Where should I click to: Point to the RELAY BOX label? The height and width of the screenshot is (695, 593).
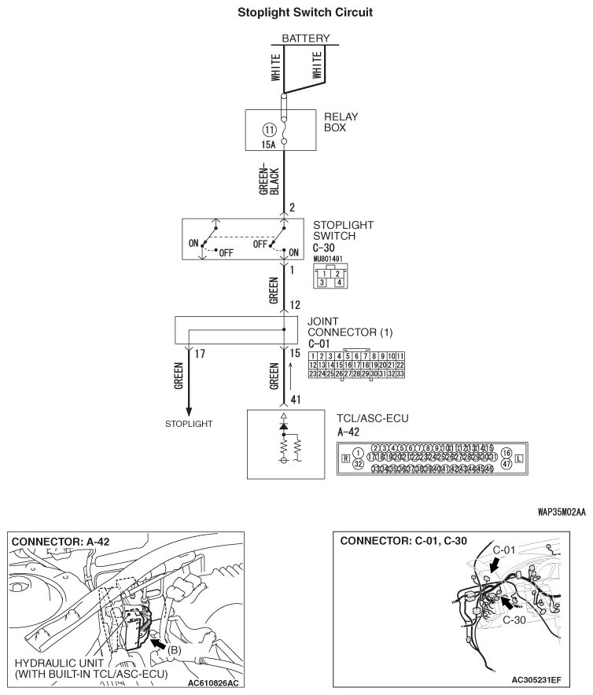(341, 121)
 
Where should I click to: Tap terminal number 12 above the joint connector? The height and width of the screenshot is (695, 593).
(295, 305)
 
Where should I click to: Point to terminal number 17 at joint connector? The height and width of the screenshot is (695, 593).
(199, 355)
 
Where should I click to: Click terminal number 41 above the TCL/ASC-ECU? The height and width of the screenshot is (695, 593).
(295, 399)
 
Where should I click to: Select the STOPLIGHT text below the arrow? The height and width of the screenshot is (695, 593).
(190, 424)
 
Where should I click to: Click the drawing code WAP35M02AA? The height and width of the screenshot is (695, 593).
(557, 512)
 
